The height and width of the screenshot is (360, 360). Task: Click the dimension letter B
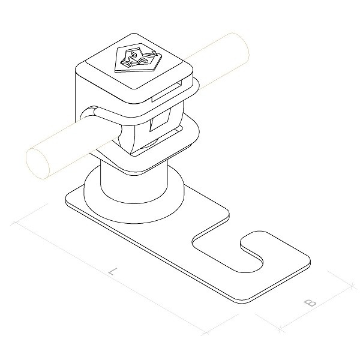point(310,302)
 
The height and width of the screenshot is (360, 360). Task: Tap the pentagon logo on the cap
point(137,58)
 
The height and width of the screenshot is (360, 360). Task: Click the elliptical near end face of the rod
point(38,163)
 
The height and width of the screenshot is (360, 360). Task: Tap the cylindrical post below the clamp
point(134,184)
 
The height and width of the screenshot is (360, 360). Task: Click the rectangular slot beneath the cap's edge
point(167,91)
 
